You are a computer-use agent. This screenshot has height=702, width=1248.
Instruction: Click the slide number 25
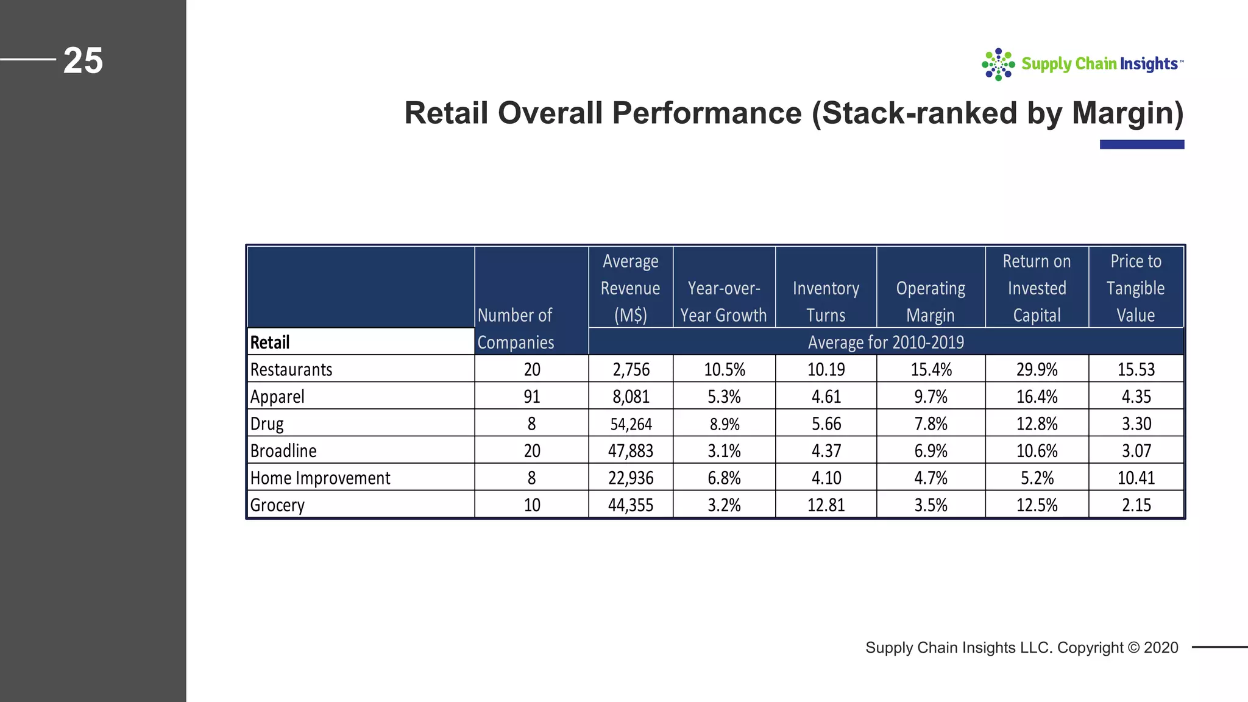83,61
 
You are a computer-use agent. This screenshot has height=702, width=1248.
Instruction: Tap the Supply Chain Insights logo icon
998,65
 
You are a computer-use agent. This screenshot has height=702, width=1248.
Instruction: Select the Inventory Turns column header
826,302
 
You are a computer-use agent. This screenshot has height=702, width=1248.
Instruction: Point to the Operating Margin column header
931,302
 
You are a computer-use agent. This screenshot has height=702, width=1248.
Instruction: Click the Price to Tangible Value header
1136,288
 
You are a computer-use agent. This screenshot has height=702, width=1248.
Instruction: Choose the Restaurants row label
291,369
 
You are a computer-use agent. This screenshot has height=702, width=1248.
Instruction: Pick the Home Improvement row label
320,478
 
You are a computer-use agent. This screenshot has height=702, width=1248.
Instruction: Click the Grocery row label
277,505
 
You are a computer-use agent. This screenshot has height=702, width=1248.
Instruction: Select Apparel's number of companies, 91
532,397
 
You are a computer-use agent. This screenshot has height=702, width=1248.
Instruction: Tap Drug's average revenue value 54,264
631,424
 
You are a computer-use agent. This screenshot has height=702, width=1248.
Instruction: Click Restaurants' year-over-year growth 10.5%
724,369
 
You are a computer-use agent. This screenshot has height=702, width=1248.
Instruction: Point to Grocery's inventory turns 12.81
826,505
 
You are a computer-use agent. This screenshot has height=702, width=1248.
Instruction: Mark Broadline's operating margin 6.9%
931,451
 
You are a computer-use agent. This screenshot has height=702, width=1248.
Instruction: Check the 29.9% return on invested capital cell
1037,369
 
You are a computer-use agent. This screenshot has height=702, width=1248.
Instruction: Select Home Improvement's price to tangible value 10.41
1136,478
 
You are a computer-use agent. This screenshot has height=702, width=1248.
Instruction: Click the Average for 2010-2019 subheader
885,342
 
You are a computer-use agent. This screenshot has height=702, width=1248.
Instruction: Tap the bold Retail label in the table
270,342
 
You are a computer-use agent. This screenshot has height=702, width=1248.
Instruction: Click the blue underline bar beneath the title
1142,144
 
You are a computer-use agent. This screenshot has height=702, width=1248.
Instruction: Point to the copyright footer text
1022,647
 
